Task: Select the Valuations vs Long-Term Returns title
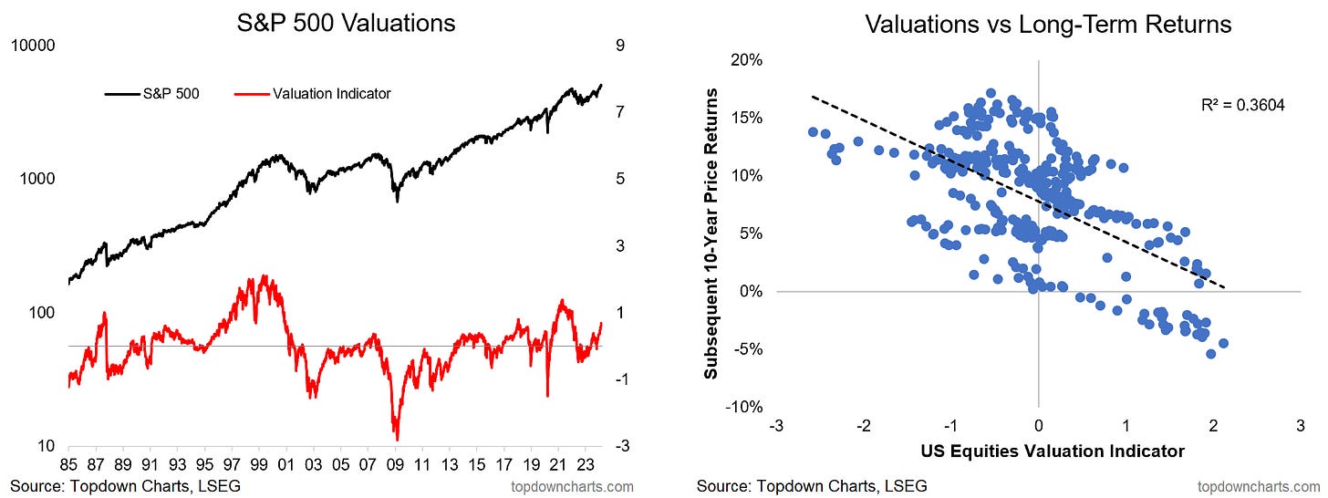point(1037,26)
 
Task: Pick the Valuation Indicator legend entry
point(332,93)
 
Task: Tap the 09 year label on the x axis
point(396,462)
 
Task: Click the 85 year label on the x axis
point(68,462)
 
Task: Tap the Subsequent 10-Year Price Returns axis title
point(712,233)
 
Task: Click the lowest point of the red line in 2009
point(397,439)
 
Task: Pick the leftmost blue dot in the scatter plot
point(813,132)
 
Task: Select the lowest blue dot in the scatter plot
point(1211,353)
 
